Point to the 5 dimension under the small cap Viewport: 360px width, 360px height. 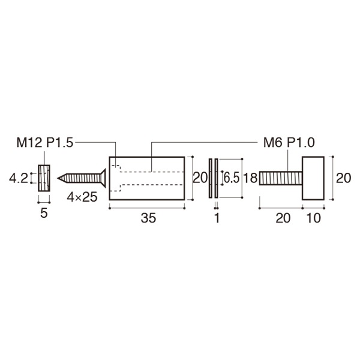pyautogui.click(x=44, y=214)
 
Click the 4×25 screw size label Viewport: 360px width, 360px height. pyautogui.click(x=82, y=196)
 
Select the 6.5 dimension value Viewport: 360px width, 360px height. pyautogui.click(x=231, y=178)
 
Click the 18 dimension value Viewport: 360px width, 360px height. pyautogui.click(x=250, y=178)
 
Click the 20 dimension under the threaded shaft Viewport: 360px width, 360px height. pyautogui.click(x=281, y=219)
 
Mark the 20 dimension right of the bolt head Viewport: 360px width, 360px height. pyautogui.click(x=343, y=178)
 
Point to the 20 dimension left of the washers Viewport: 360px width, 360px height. pyautogui.click(x=200, y=178)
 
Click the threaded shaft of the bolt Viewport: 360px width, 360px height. pyautogui.click(x=280, y=178)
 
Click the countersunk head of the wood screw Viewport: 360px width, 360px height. pyautogui.click(x=103, y=178)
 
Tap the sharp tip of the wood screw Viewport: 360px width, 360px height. pyautogui.click(x=59, y=178)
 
